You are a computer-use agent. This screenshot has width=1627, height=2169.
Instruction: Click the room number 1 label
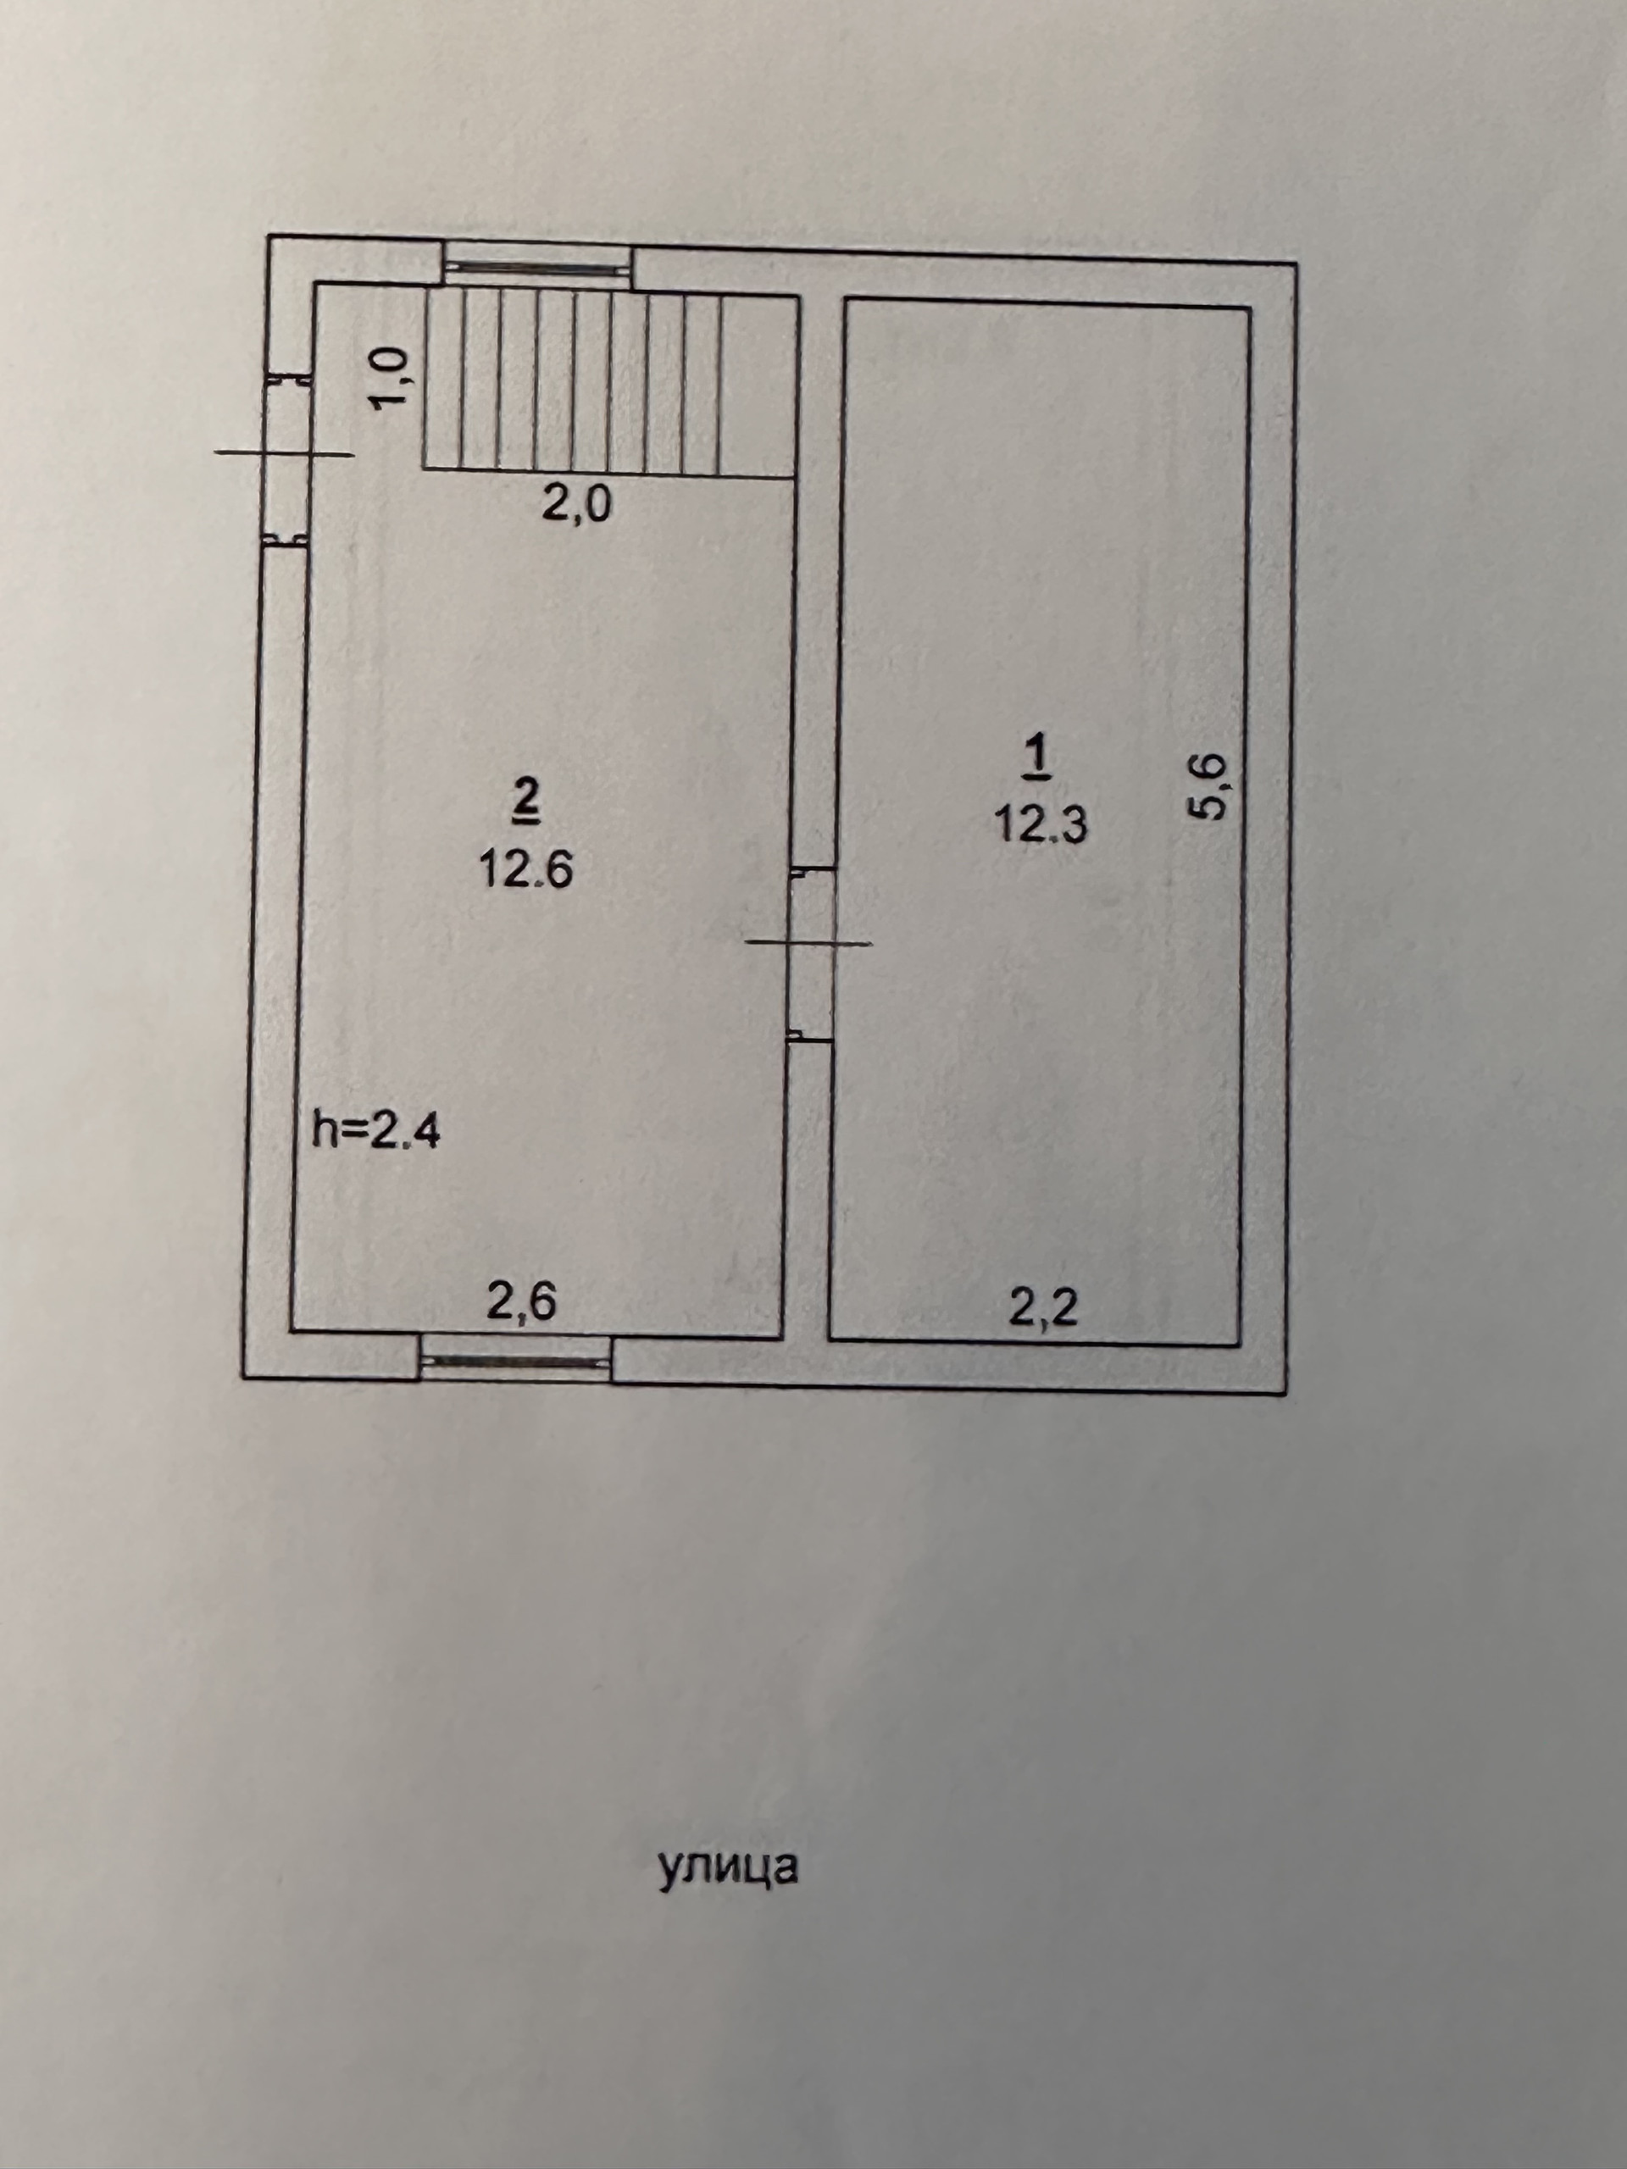(x=1037, y=759)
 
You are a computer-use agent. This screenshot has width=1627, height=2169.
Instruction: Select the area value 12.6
(x=525, y=868)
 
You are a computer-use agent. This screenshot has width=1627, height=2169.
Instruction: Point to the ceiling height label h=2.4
(x=376, y=1133)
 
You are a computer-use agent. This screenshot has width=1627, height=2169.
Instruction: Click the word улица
(x=728, y=1867)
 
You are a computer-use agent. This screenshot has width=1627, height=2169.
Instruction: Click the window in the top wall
(x=536, y=263)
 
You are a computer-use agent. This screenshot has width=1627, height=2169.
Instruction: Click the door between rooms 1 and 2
(x=812, y=952)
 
